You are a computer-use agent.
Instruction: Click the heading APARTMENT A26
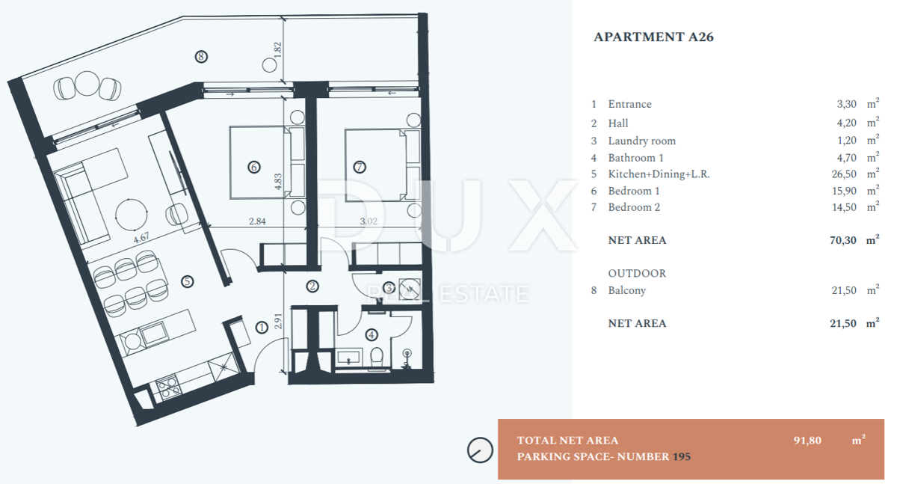click(x=653, y=37)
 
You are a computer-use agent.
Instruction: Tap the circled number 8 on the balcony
click(x=201, y=57)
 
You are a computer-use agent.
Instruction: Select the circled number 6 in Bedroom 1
click(x=254, y=167)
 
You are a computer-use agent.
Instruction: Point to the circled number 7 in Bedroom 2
click(x=360, y=167)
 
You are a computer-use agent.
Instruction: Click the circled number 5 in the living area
click(x=187, y=282)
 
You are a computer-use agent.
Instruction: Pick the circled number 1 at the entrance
click(x=262, y=328)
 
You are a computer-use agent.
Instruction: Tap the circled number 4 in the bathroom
click(x=372, y=334)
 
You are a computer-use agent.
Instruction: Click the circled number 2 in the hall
click(x=312, y=286)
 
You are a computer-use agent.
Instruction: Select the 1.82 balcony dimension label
click(x=278, y=49)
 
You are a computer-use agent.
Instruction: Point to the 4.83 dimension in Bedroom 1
click(x=278, y=182)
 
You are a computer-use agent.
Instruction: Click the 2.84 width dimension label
click(x=257, y=221)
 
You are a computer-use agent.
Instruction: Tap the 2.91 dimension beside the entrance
click(x=278, y=322)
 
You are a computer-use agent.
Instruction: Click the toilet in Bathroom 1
click(x=377, y=357)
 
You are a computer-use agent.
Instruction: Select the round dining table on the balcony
click(x=87, y=83)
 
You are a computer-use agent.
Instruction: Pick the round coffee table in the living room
click(x=131, y=215)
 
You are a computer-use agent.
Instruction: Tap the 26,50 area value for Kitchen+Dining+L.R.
click(x=844, y=174)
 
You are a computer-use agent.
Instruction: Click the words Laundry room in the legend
click(x=641, y=141)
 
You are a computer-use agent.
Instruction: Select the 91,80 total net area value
click(x=807, y=441)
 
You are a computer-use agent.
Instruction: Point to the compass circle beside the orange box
click(x=480, y=450)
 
